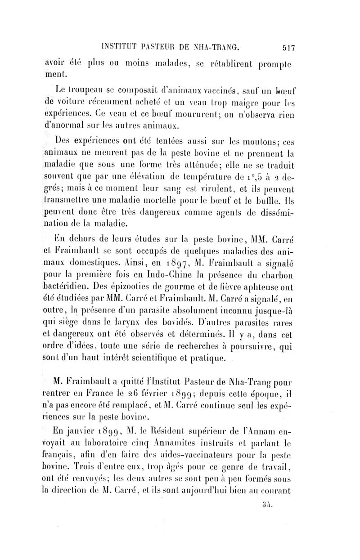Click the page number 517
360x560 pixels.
(x=286, y=46)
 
